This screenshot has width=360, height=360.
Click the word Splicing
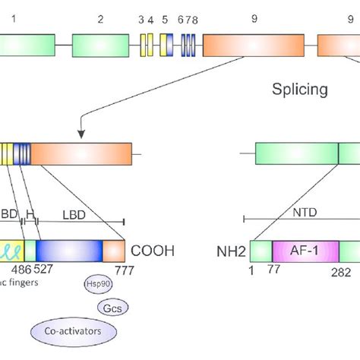(300, 90)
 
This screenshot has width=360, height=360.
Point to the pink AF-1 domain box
(304, 251)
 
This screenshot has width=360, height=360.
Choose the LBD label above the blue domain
(74, 215)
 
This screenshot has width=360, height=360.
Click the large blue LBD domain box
(68, 251)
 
